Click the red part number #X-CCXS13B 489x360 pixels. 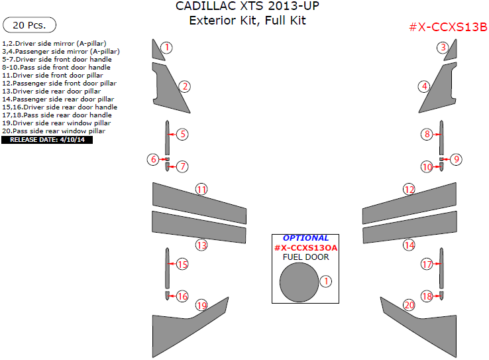(448, 27)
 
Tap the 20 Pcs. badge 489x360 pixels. (29, 25)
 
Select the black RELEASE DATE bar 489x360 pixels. (47, 140)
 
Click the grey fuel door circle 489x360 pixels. (299, 282)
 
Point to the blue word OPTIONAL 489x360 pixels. (305, 238)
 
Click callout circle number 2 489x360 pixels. (185, 86)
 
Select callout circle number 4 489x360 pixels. (424, 86)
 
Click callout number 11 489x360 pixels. (201, 190)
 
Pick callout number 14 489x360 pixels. (409, 245)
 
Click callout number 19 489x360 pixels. (202, 306)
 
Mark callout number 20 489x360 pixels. (409, 305)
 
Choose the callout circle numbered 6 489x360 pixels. (153, 159)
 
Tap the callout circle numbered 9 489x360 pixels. (457, 159)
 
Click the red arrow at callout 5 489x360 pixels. (172, 135)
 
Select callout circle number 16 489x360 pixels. (182, 296)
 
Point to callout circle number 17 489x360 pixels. (427, 265)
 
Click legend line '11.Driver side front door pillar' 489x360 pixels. (52, 76)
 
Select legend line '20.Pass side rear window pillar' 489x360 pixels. (54, 131)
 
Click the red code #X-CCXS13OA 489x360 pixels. (305, 248)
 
